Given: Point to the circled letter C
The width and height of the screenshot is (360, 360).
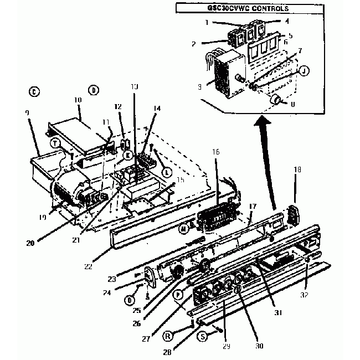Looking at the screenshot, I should (34, 92).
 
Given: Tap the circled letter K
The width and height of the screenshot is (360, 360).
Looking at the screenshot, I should (127, 156).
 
